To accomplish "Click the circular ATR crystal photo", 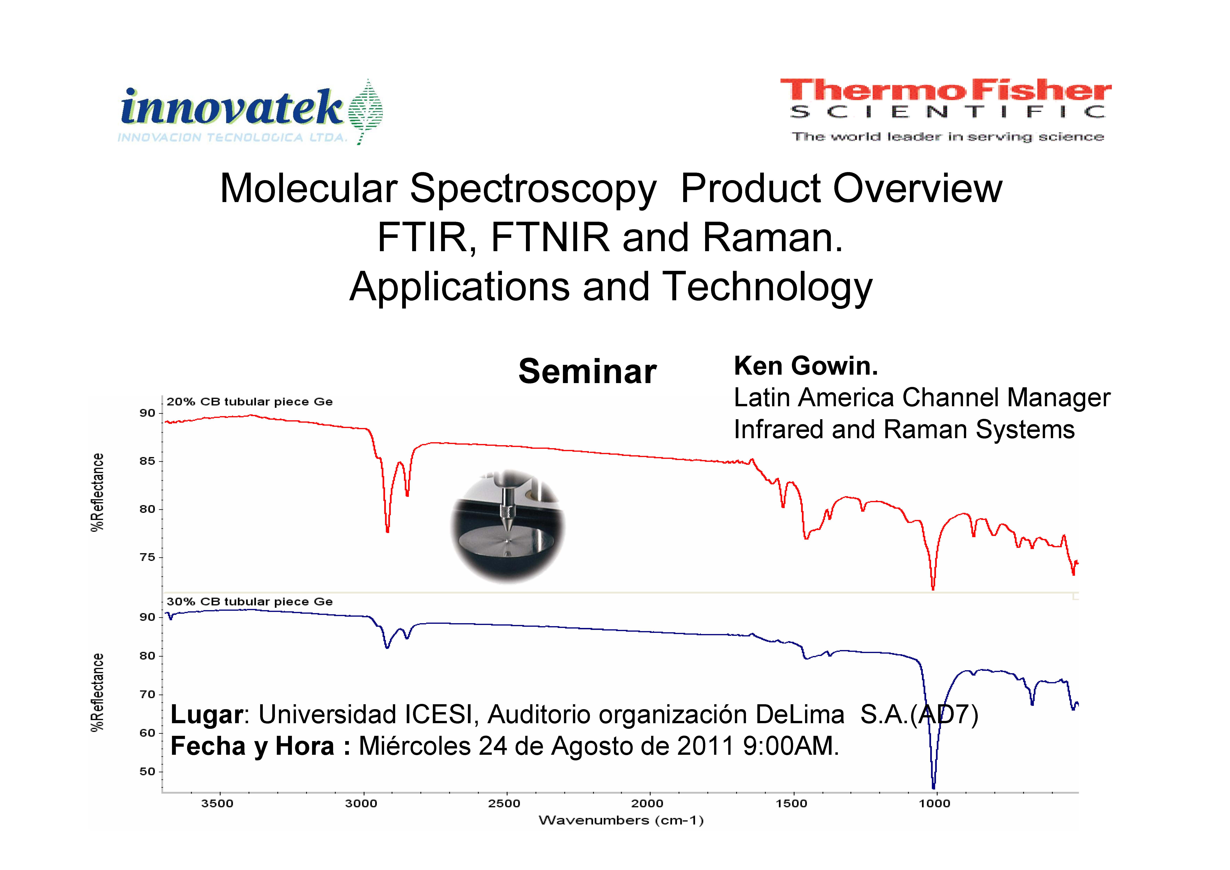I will [x=507, y=526].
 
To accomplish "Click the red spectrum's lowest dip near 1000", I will [x=933, y=588].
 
